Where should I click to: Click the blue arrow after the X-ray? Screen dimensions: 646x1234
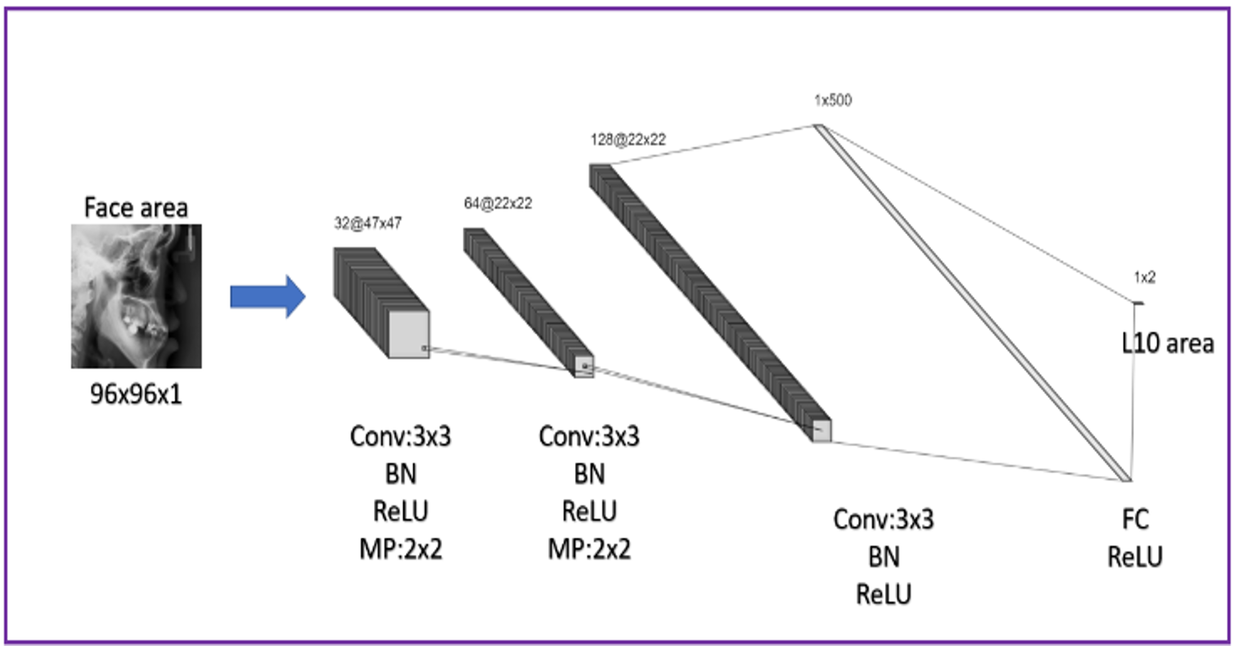[x=267, y=296]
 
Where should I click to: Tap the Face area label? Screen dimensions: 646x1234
[x=136, y=208]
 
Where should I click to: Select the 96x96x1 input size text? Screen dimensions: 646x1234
[x=136, y=393]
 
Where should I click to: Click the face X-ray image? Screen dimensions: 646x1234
[x=136, y=296]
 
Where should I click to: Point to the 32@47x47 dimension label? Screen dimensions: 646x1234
[x=367, y=223]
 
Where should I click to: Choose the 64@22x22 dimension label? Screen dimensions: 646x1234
[x=498, y=203]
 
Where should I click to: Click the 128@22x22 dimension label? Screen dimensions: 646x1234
[x=628, y=139]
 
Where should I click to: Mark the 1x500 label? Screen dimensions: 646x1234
[x=832, y=100]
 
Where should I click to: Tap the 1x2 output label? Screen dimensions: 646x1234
[x=1144, y=277]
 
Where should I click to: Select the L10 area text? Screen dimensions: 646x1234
[x=1167, y=344]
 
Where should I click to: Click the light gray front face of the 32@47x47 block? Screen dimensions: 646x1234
[x=409, y=334]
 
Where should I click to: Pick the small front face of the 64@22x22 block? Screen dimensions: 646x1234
[x=584, y=366]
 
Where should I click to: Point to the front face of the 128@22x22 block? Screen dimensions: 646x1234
[x=822, y=431]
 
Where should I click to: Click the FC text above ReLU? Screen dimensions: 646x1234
[x=1134, y=519]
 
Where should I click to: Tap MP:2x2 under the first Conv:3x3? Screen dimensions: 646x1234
[x=400, y=549]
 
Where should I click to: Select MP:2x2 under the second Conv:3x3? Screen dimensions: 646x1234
[x=589, y=549]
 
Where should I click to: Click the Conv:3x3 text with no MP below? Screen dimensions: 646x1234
[x=883, y=519]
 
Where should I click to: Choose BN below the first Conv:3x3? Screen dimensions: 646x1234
[x=400, y=474]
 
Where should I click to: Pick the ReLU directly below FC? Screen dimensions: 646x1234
[x=1134, y=557]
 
